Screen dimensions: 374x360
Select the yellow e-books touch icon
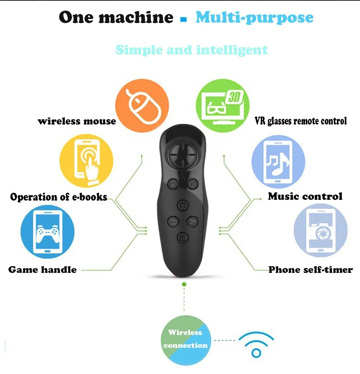click(87, 163)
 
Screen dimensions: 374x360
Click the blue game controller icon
click(47, 232)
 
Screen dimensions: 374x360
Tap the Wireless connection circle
click(185, 339)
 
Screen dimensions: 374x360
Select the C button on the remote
click(183, 206)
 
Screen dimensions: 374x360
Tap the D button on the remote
click(182, 238)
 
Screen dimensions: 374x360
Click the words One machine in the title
click(116, 17)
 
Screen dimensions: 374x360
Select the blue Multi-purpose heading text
click(254, 17)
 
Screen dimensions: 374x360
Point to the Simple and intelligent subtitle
click(191, 50)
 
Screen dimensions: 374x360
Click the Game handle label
click(42, 270)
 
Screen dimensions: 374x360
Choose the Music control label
click(305, 196)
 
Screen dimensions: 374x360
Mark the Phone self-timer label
click(310, 270)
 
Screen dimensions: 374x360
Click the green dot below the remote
click(184, 284)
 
